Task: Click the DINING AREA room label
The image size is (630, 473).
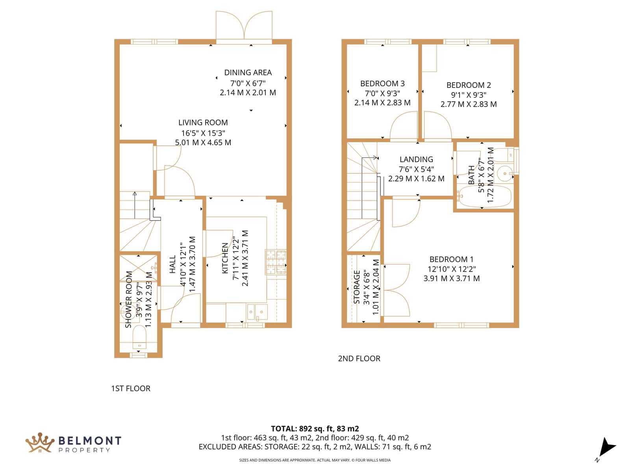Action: click(248, 73)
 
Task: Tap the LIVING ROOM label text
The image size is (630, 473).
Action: click(203, 123)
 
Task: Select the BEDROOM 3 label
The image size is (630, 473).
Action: click(382, 84)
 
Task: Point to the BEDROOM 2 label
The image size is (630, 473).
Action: click(469, 85)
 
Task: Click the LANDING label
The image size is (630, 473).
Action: click(416, 159)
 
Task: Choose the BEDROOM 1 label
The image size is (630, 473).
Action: click(452, 259)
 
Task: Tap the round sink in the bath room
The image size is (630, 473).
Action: click(505, 173)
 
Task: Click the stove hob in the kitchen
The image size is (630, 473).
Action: click(276, 262)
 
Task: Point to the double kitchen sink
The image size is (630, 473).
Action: click(257, 312)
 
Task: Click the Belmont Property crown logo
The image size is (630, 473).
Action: click(40, 443)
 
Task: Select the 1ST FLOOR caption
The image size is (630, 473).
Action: click(131, 389)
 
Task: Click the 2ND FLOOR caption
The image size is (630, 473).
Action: click(359, 358)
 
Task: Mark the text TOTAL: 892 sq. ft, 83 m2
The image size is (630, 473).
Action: click(315, 429)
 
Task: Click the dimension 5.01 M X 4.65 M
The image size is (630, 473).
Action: click(203, 142)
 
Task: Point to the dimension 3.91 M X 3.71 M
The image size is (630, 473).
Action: click(452, 278)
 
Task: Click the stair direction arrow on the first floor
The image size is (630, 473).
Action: click(135, 205)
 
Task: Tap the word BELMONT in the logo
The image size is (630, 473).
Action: click(90, 441)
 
